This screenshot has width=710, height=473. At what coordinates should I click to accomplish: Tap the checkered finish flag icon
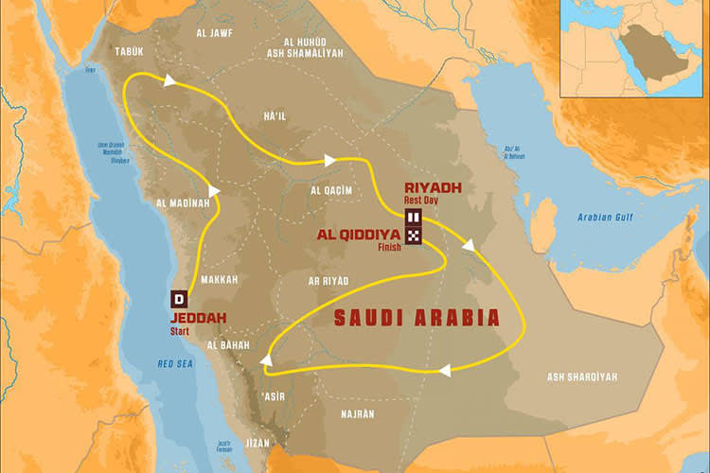[414, 235]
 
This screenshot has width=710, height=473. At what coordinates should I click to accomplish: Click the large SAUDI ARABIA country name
[417, 319]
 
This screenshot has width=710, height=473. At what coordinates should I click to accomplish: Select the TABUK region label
[130, 51]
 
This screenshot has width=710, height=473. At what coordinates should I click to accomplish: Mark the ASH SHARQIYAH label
[582, 377]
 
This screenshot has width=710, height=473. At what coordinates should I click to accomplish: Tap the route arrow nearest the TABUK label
[169, 82]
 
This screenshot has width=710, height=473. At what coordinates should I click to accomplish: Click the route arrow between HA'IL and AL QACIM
[329, 161]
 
